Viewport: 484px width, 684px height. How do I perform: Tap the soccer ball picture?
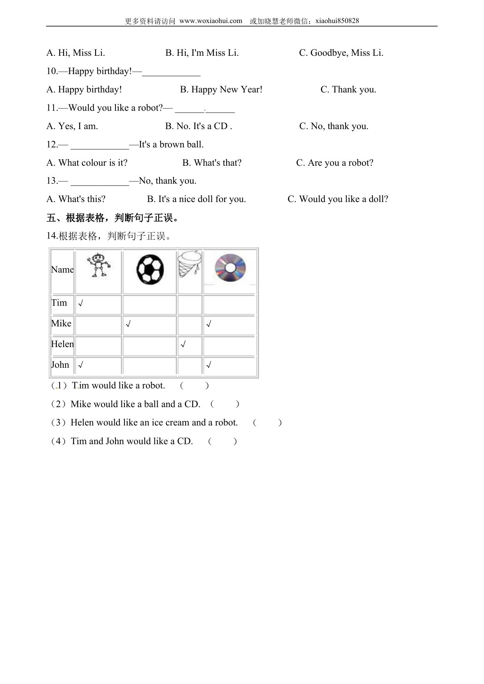(x=150, y=269)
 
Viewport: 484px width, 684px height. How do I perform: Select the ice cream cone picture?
(x=190, y=264)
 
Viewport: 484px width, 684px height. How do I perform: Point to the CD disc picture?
(x=230, y=268)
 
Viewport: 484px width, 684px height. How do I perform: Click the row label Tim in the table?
(x=59, y=303)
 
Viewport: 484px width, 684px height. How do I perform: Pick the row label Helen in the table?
(x=62, y=344)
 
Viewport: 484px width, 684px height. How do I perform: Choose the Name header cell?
(x=62, y=269)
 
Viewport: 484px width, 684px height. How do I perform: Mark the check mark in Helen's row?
(x=183, y=345)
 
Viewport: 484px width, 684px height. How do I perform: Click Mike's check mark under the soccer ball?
(x=128, y=324)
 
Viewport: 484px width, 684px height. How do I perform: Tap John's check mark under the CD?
(x=209, y=365)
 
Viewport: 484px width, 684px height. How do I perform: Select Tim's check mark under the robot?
(x=80, y=303)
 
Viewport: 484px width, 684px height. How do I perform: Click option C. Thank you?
(x=348, y=90)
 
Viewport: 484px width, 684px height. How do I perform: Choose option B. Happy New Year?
(x=221, y=90)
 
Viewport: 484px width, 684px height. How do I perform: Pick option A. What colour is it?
(x=87, y=163)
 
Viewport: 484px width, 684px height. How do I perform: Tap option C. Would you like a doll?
(x=338, y=199)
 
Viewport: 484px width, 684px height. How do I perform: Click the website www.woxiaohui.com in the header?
(x=211, y=21)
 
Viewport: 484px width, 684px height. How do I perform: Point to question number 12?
(x=52, y=145)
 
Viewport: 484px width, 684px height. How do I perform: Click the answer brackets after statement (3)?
(x=267, y=423)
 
